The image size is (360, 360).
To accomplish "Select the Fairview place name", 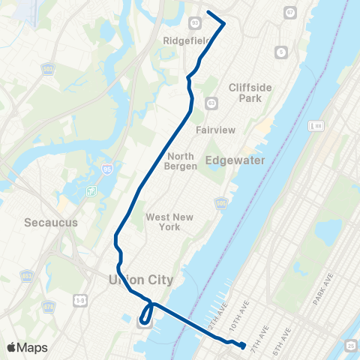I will (x=216, y=130).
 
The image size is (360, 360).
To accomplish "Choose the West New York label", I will (x=169, y=222).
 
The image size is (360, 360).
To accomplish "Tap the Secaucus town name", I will (x=46, y=223).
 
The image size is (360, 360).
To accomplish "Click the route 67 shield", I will (x=290, y=13).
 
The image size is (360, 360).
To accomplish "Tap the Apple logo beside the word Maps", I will (x=11, y=347).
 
